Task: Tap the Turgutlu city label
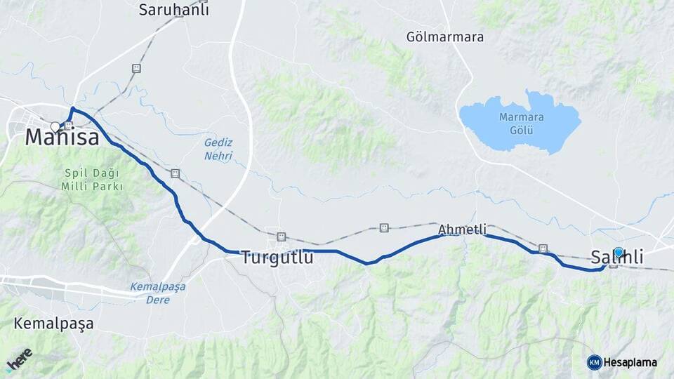(277, 258)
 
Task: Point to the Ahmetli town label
(462, 229)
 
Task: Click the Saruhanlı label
(173, 10)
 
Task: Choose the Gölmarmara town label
(445, 36)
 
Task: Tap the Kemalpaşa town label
(53, 324)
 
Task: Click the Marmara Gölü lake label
(521, 124)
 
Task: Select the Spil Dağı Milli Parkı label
(93, 180)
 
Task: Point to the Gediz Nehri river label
(218, 149)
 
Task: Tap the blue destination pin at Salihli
(619, 252)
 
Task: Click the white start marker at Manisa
(55, 127)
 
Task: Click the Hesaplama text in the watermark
(630, 362)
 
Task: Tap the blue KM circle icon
(595, 362)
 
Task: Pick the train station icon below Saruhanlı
(136, 68)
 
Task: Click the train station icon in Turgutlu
(282, 237)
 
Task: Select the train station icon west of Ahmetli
(384, 227)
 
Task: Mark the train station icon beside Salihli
(613, 265)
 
